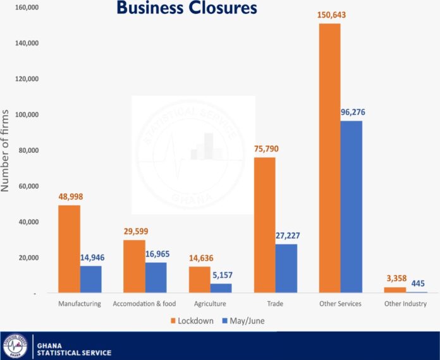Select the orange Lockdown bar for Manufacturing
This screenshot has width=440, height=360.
[x=69, y=249]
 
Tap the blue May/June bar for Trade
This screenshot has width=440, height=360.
[x=286, y=268]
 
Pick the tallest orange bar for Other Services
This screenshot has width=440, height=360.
[x=329, y=158]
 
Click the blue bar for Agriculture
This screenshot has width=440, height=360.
[x=221, y=288]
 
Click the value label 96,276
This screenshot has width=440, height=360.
[x=351, y=112]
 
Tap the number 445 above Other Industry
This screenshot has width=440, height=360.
[x=418, y=283]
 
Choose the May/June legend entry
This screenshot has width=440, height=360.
[x=243, y=321]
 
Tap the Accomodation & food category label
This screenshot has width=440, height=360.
[x=144, y=304]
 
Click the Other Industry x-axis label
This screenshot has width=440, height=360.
[x=405, y=304]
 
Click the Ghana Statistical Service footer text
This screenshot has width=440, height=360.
[x=74, y=349]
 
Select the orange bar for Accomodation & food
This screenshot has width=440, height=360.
[x=133, y=267]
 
